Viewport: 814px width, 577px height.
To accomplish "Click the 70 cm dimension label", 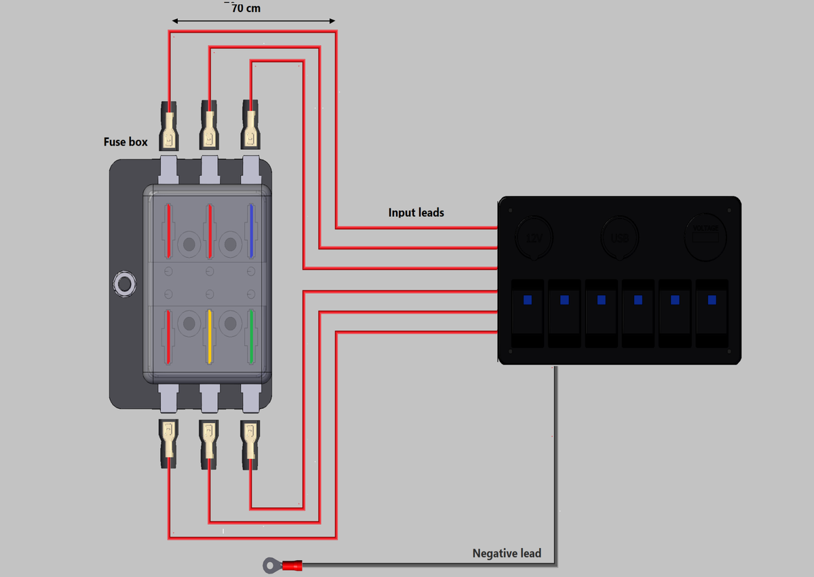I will tap(246, 9).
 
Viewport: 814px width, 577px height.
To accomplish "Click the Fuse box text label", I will tap(125, 142).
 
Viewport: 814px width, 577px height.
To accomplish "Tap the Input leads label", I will tap(416, 212).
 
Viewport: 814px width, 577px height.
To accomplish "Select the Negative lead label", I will tap(507, 553).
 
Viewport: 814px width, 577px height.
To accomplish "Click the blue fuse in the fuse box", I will tap(252, 231).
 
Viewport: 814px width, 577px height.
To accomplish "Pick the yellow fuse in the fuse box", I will tap(210, 336).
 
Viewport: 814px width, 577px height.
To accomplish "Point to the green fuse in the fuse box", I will tap(252, 336).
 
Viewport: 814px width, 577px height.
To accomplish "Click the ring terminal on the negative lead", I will tap(271, 563).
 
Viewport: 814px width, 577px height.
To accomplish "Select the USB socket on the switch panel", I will tap(619, 238).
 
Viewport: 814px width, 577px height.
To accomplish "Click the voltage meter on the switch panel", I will tap(706, 236).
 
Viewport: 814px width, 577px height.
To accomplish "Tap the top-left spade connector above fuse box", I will tap(168, 127).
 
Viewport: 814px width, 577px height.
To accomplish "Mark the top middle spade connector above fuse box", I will tap(210, 127).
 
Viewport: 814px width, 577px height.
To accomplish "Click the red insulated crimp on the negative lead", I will tap(292, 564).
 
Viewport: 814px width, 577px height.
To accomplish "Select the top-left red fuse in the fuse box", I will tap(169, 231).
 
